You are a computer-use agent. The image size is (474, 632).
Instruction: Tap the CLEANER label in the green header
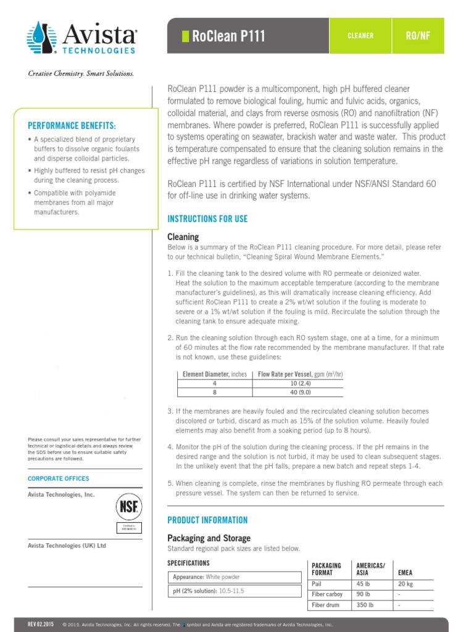pos(360,36)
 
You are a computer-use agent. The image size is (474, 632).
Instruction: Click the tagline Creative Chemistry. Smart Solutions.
pos(80,73)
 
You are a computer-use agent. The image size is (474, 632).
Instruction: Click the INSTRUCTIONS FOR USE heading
pos(207,219)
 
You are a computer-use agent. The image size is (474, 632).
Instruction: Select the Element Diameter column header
pos(214,374)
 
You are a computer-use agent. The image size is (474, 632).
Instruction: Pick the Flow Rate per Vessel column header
pos(299,374)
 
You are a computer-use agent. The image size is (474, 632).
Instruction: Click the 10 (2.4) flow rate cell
pos(299,383)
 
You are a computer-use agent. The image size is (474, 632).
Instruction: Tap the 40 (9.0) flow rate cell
pos(299,391)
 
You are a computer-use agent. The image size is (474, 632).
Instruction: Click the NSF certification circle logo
pos(129,508)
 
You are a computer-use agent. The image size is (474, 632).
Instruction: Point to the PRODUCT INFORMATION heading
pos(207,520)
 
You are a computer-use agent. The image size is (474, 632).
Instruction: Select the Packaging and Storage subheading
pos(209,538)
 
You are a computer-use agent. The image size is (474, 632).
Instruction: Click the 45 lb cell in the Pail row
pos(363,584)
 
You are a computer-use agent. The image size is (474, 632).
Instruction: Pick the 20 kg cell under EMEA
pos(405,584)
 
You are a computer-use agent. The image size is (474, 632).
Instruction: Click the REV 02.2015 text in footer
pos(41,625)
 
